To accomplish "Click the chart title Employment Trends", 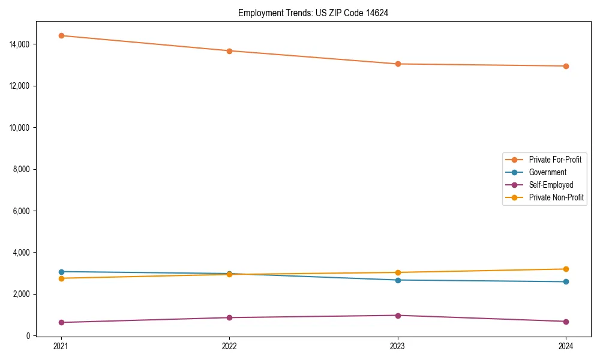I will [x=313, y=13].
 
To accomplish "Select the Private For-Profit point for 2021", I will [x=61, y=35].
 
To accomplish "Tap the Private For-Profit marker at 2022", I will [x=229, y=51].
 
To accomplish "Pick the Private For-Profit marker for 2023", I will [x=398, y=64].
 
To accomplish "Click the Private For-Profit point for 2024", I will [x=566, y=66].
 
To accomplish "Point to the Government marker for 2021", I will [x=61, y=272].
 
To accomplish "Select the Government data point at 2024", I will [x=566, y=281].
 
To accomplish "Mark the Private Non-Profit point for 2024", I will [x=566, y=269].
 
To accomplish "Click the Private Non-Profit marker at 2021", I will [x=61, y=278].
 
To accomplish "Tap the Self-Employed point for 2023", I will [x=398, y=315].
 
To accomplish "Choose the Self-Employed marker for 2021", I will [x=61, y=322].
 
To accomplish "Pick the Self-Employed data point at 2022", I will [x=229, y=317].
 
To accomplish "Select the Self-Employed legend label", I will [x=551, y=185].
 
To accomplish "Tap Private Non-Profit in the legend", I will [x=556, y=197].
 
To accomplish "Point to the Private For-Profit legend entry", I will [x=555, y=160].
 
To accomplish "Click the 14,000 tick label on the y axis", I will [x=22, y=44].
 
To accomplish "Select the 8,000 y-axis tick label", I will [x=24, y=169].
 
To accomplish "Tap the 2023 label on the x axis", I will [x=398, y=346].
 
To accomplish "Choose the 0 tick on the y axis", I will [x=28, y=335].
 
